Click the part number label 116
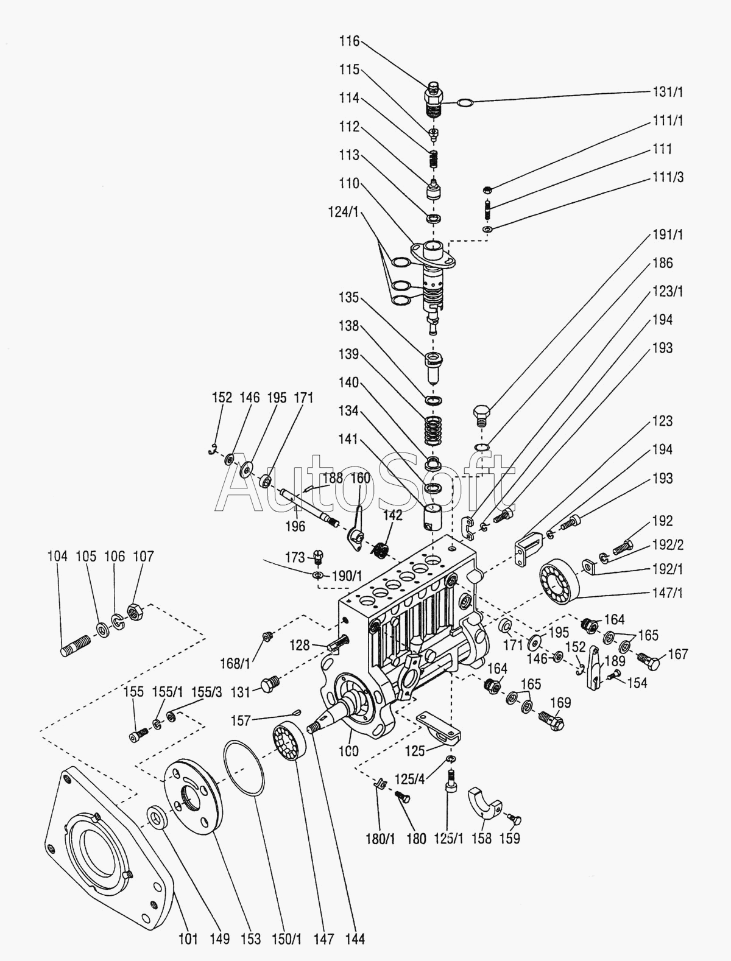(x=350, y=41)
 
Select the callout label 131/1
(x=668, y=92)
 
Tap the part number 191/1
(x=668, y=234)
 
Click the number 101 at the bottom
(x=188, y=939)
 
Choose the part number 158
(x=481, y=839)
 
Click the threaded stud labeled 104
(x=76, y=645)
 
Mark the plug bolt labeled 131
(x=269, y=685)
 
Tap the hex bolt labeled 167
(x=649, y=660)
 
